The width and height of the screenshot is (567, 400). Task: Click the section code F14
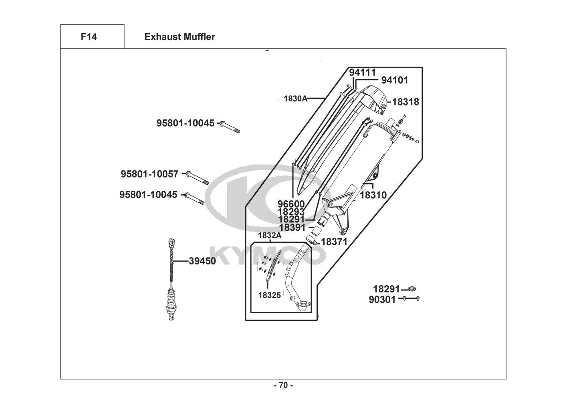[89, 37]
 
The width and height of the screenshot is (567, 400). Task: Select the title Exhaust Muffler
[180, 37]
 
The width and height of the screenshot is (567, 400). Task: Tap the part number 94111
[362, 72]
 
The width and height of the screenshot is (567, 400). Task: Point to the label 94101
[394, 80]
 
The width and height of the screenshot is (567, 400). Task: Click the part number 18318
[405, 102]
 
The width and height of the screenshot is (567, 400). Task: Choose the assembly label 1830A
[295, 98]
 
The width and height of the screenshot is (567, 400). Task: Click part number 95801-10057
[149, 174]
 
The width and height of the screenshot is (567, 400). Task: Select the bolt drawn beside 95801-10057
[197, 178]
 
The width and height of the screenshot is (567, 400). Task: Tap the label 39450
[202, 261]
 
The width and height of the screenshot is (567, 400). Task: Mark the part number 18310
[373, 195]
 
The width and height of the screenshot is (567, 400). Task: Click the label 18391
[293, 228]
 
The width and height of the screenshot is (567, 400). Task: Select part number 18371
[334, 242]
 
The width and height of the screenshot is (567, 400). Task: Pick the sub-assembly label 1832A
[269, 236]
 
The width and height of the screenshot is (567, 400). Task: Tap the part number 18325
[269, 296]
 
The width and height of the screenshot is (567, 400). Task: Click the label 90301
[382, 299]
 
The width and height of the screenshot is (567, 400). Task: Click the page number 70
[283, 386]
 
